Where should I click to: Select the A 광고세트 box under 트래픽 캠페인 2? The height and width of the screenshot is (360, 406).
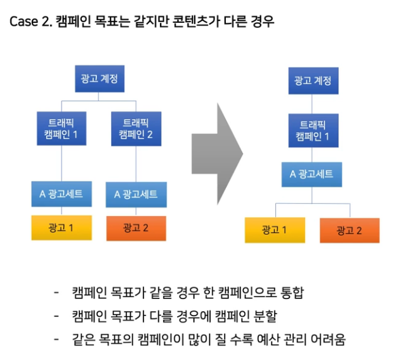[136, 194]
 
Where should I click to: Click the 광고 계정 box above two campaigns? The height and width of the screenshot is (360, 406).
[98, 81]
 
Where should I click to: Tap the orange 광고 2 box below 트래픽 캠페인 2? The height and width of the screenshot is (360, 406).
[136, 229]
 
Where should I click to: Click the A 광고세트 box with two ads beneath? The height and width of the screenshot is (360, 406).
[312, 174]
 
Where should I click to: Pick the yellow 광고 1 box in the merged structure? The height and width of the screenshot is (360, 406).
[275, 230]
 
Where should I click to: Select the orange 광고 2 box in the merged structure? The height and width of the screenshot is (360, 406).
[349, 230]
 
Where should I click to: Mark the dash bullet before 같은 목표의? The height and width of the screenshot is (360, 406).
[58, 340]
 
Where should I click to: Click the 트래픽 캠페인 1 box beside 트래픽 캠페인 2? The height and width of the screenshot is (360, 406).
[62, 129]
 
